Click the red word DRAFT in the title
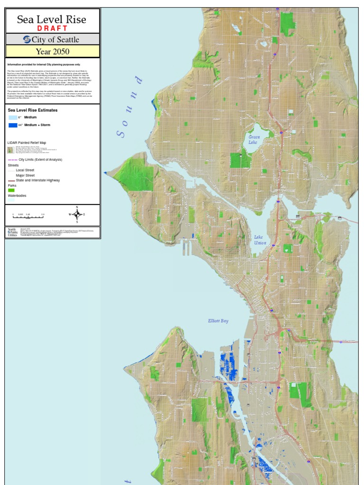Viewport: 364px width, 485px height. coord(52,28)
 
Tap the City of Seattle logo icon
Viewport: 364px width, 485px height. coord(27,39)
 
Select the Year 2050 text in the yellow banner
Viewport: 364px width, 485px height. coord(52,51)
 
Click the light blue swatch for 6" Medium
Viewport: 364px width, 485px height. coord(12,117)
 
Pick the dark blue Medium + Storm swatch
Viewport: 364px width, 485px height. coord(12,125)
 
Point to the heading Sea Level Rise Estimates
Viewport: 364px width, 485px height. coord(33,110)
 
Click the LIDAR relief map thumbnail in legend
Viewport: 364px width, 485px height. coord(11,150)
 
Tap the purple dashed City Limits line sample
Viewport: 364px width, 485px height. coord(12,160)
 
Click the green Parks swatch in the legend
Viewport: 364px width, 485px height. coord(11,190)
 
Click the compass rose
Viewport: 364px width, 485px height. coord(77,214)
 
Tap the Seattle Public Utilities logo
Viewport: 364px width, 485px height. coord(12,232)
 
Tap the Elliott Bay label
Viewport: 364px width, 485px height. coord(218,321)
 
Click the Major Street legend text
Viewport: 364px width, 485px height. coord(25,175)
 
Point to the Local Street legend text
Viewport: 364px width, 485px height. coord(25,170)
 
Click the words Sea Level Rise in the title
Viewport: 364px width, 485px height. coord(52,19)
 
